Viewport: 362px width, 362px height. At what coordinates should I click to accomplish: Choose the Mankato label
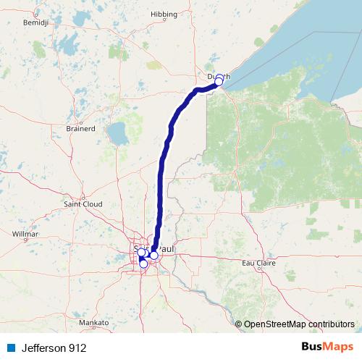tap(94, 322)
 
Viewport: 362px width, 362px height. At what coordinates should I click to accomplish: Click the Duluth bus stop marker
tap(219, 82)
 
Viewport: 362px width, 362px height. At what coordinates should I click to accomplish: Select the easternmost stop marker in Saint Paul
tap(154, 255)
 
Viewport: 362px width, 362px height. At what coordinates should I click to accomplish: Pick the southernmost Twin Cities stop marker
tap(143, 264)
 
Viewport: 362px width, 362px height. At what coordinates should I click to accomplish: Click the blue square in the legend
tap(9, 348)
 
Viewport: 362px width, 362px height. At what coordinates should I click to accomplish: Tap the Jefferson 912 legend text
tap(53, 348)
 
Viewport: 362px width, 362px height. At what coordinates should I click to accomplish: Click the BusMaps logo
tap(327, 348)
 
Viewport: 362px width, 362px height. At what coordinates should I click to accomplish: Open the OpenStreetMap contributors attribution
tap(299, 324)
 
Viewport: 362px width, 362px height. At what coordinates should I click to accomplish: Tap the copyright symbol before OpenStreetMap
tap(238, 324)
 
